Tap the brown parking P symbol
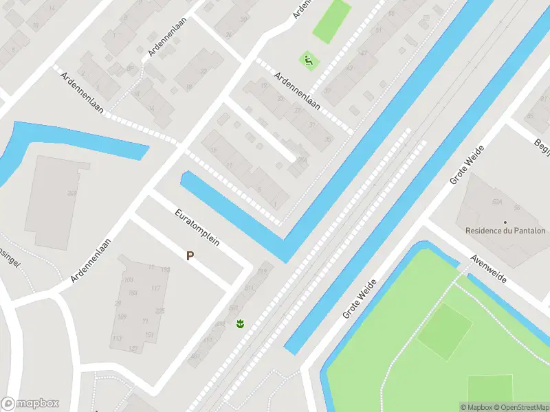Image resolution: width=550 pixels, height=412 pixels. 190,255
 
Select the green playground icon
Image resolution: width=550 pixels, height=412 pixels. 309,60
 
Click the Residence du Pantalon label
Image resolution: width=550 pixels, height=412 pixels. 505,231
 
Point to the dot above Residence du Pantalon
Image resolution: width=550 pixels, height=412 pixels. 505,222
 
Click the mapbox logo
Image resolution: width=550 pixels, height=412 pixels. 30,404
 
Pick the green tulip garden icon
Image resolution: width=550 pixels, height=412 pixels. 240,323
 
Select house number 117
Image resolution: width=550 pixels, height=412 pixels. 155,288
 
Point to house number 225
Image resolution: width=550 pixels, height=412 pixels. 160,311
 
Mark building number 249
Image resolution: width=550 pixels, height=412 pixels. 71,194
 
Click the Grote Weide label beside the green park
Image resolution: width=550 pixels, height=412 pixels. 360,299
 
